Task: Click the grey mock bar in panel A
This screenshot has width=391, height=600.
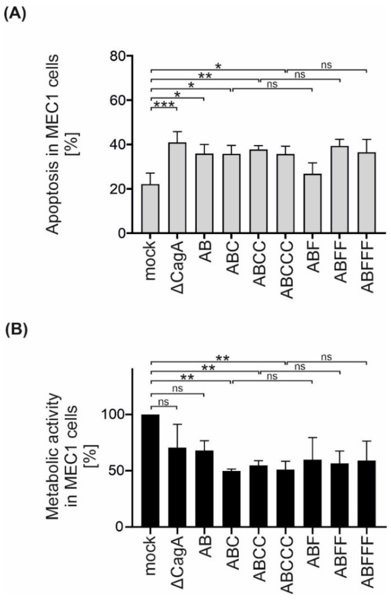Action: [150, 208]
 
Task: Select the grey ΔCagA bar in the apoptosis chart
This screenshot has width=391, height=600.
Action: [177, 188]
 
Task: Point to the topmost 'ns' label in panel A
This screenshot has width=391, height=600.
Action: [326, 65]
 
